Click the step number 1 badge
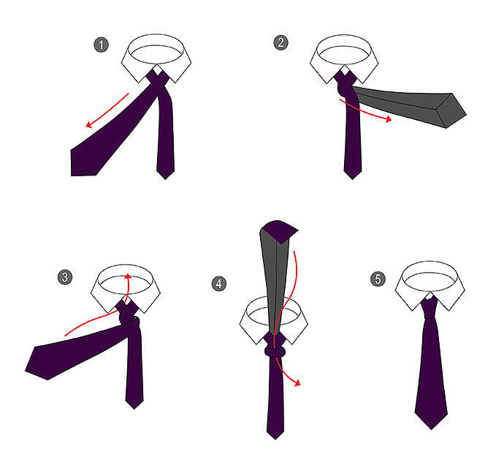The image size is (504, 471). pos(102,45)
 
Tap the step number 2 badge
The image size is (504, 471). pos(280,42)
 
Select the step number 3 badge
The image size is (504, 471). pos(65,277)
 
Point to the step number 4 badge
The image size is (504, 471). pos(219,284)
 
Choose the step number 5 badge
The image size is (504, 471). pos(378,279)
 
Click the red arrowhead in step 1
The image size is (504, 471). pos(89,124)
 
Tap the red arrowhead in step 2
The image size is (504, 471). pos(389,119)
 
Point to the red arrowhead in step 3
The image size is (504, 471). pos(128,276)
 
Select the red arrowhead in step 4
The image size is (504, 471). pos(297,383)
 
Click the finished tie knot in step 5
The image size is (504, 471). pos(429,309)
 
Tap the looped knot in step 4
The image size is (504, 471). pos(275,351)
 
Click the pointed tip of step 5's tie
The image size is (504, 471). pos(432,429)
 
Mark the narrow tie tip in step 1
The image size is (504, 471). pos(165,178)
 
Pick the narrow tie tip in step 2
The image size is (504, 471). pos(352,178)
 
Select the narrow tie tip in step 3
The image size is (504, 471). pos(134,408)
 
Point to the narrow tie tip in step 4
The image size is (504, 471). pos(275,439)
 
